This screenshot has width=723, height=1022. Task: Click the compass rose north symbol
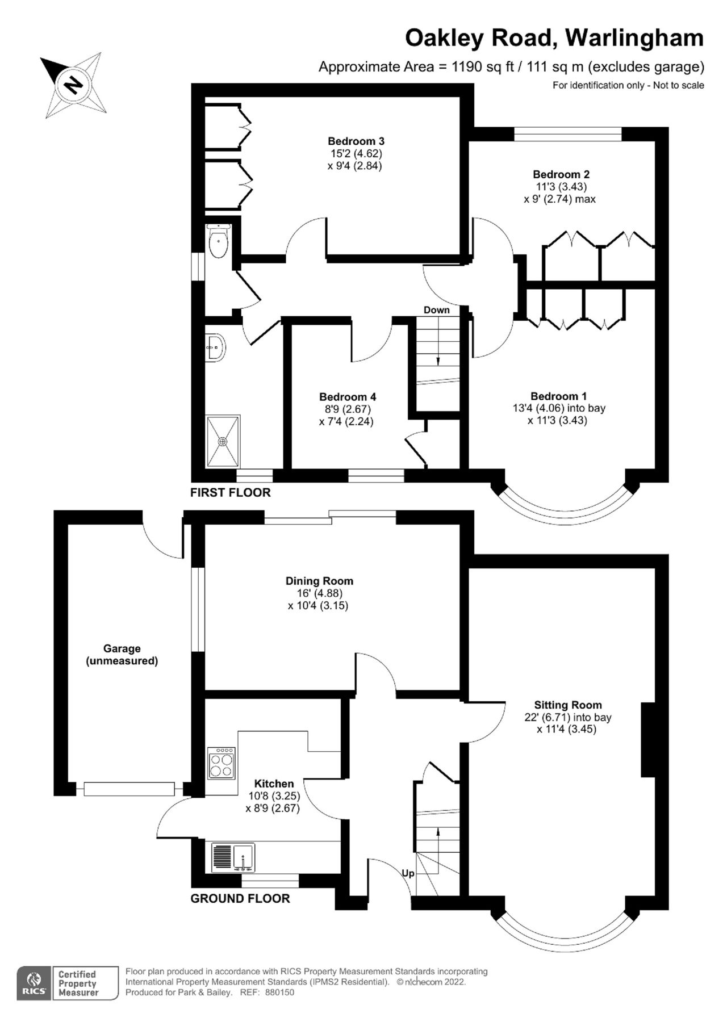tap(73, 85)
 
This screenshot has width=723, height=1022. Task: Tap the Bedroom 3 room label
tap(356, 141)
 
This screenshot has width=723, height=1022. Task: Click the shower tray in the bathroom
tap(223, 441)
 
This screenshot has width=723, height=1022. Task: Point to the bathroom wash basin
tap(216, 346)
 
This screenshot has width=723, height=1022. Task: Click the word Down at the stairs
tap(436, 310)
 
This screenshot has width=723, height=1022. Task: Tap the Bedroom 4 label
tap(347, 397)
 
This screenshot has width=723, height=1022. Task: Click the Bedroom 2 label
tap(561, 174)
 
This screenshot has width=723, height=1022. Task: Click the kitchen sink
tap(233, 857)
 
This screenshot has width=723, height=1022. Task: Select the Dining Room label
tap(319, 581)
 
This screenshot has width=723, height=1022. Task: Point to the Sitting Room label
tap(567, 705)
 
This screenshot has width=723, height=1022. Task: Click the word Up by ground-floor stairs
tap(408, 873)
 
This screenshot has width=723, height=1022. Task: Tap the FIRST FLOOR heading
tap(230, 492)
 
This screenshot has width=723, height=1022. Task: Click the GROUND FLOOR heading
tap(240, 898)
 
